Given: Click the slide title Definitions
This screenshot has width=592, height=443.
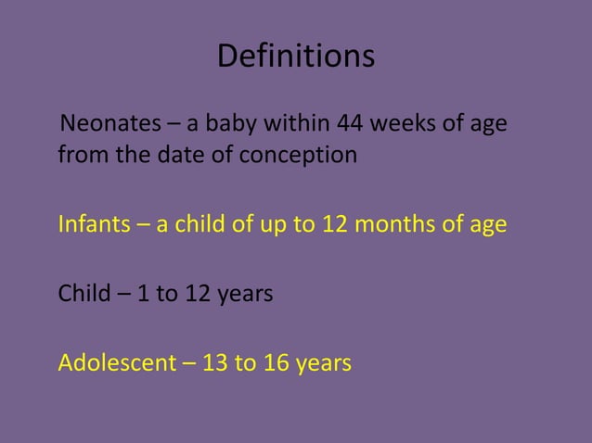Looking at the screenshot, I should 296,57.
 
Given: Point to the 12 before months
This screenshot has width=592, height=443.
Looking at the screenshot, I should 335,225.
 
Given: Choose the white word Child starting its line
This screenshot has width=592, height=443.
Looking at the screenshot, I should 82,295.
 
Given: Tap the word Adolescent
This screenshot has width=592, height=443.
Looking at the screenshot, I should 116,363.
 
